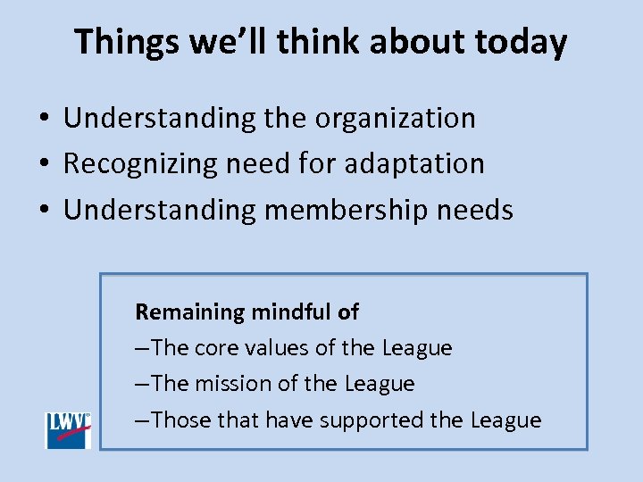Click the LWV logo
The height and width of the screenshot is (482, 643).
69,430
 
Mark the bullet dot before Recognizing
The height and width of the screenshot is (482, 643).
43,164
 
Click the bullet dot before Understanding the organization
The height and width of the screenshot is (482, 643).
43,119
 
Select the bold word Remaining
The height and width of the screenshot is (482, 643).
189,312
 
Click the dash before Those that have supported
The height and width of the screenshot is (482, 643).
143,420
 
